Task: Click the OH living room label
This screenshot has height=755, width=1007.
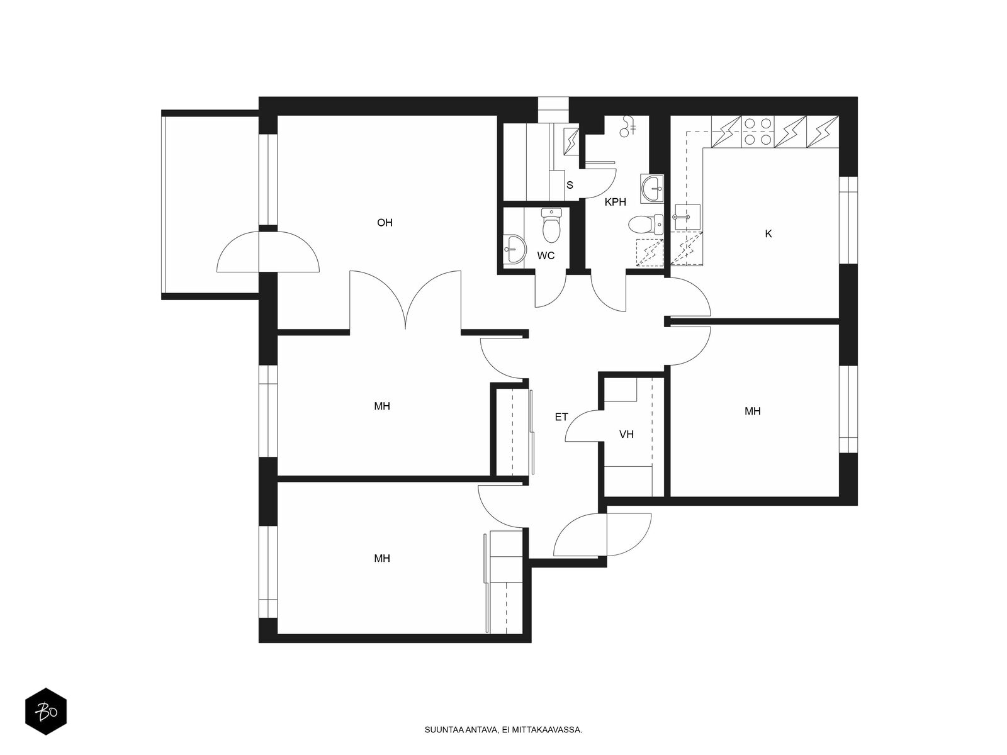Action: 385,223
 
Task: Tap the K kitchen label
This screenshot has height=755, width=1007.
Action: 768,234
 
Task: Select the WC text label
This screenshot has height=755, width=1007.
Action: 546,256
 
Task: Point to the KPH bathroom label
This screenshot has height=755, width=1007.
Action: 615,202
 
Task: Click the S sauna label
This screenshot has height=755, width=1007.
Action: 570,185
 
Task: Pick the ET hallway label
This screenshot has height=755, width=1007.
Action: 561,417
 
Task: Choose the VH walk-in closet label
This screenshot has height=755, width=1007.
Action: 626,434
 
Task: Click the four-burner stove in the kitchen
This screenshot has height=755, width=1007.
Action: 757,131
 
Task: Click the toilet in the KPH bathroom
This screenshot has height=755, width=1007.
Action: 645,225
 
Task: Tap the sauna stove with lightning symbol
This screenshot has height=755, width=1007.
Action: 571,142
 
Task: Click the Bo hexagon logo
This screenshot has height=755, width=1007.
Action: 46,712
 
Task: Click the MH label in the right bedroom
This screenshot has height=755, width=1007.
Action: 752,411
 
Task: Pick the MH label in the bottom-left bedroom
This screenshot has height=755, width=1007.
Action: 382,558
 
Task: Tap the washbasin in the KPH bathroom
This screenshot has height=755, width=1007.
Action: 652,188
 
